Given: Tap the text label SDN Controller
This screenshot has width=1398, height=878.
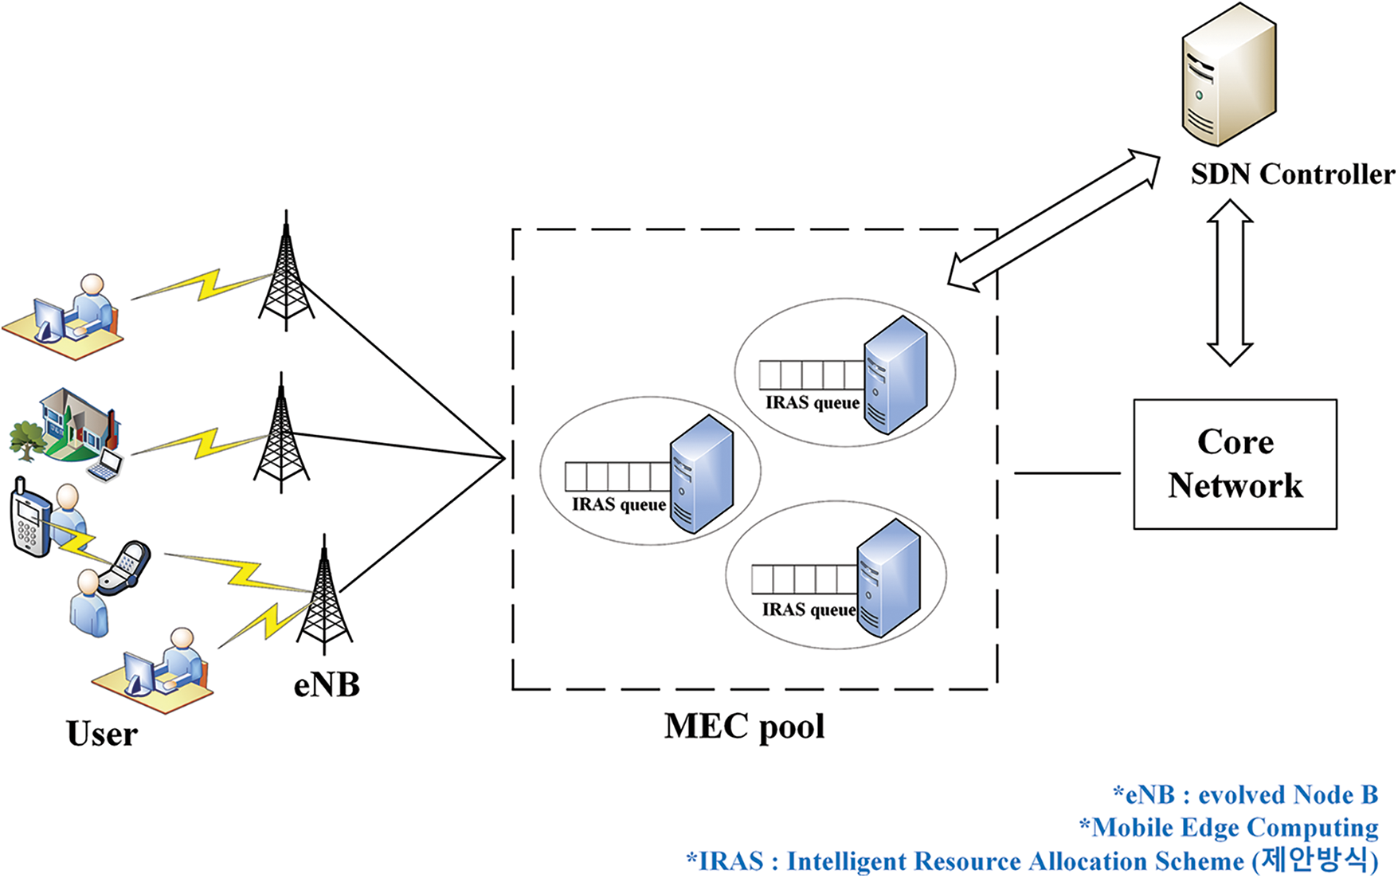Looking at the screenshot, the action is (1293, 174).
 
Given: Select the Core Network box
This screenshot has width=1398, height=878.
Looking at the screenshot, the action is (1235, 464).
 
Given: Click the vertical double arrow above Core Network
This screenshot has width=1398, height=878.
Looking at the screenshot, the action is (1230, 282).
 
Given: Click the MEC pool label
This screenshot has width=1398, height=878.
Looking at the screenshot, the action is (744, 726).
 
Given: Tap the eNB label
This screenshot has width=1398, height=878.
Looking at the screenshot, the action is (327, 684).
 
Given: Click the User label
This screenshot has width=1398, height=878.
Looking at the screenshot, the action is (102, 734).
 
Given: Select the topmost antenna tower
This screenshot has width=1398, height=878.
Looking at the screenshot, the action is (286, 271).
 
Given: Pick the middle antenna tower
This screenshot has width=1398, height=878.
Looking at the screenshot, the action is (281, 433).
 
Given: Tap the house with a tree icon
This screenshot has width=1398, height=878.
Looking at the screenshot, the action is (65, 428).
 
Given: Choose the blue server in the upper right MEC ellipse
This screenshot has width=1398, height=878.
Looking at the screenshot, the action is (896, 374).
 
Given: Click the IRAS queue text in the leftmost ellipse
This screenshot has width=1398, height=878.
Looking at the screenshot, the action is (619, 504).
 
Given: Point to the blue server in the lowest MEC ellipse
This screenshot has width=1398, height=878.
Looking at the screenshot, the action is (889, 578).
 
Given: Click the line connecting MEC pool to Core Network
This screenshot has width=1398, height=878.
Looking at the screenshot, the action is (1067, 473).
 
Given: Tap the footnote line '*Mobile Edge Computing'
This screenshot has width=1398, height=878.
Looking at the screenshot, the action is (1228, 828).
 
